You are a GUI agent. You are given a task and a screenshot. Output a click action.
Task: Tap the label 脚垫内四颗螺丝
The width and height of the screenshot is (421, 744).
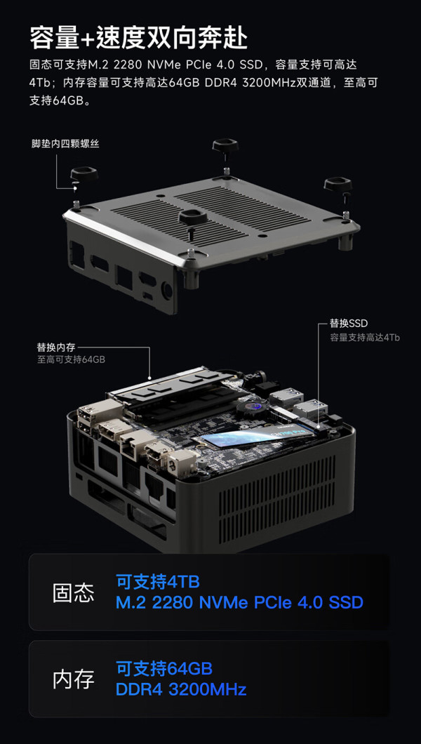pyautogui.click(x=65, y=143)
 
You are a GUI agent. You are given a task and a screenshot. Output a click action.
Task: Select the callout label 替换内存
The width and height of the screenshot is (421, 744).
pyautogui.click(x=56, y=347)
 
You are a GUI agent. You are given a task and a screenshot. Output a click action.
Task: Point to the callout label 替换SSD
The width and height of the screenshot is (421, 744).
pyautogui.click(x=349, y=324)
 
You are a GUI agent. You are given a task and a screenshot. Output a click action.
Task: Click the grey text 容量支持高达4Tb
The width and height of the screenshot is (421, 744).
pyautogui.click(x=365, y=338)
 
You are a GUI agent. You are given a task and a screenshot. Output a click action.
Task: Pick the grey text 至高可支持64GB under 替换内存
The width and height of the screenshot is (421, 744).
pyautogui.click(x=71, y=359)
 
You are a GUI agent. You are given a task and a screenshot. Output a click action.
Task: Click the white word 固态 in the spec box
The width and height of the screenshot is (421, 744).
pyautogui.click(x=74, y=592)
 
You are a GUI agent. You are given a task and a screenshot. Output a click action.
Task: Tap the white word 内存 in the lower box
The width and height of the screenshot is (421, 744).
pyautogui.click(x=74, y=679)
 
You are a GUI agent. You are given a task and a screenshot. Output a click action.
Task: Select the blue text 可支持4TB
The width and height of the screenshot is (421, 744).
pyautogui.click(x=158, y=581)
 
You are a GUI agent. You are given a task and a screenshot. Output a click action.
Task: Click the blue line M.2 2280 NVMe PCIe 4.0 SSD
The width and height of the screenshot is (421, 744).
pyautogui.click(x=239, y=603)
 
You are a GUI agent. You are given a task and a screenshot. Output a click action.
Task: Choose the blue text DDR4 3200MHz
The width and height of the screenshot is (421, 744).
pyautogui.click(x=181, y=689)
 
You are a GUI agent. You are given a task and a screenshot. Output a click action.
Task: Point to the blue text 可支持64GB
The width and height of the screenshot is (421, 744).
pyautogui.click(x=164, y=669)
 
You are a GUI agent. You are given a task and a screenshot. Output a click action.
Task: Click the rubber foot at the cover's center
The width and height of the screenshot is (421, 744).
pyautogui.click(x=192, y=220)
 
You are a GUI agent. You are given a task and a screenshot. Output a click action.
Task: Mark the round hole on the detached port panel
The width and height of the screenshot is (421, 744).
pyautogui.click(x=166, y=289)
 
